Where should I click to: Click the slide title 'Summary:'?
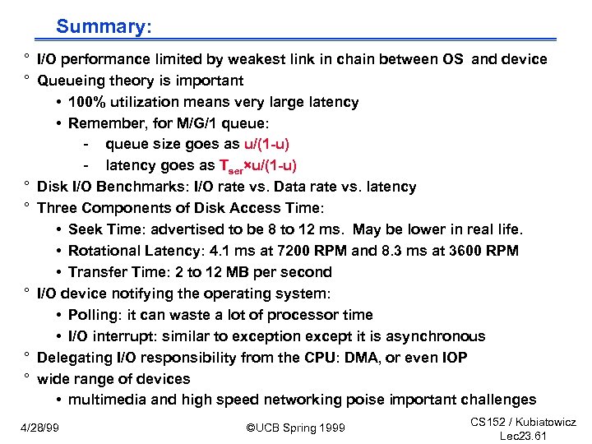(104, 26)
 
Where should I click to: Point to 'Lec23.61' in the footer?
(523, 436)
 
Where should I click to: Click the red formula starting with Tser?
(258, 166)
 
